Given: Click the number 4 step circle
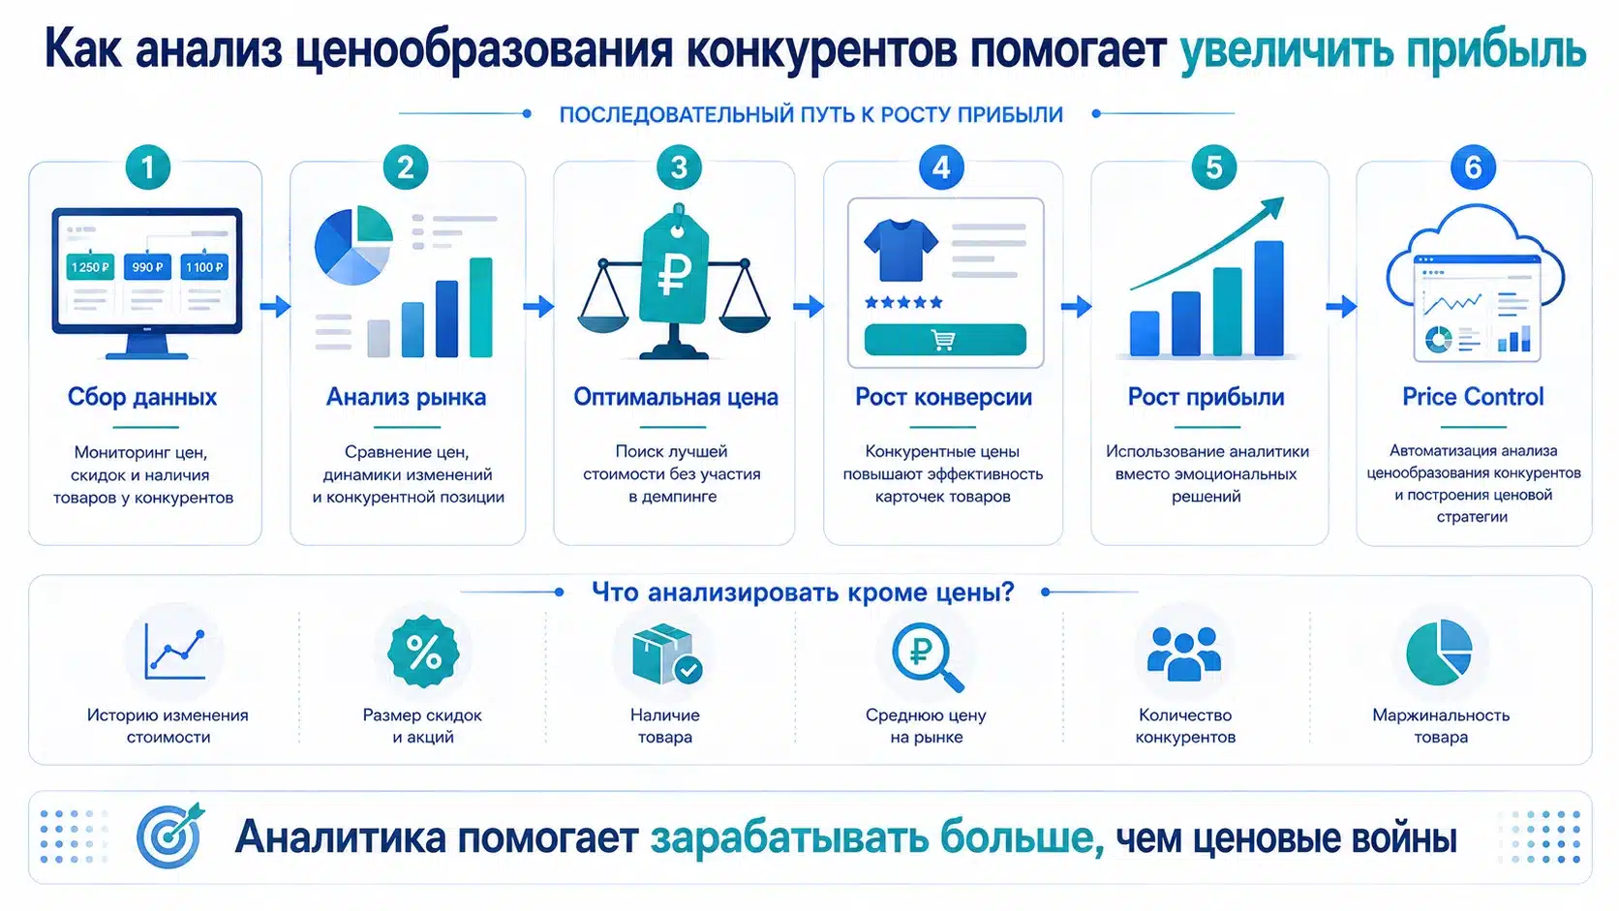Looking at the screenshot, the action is tap(941, 167).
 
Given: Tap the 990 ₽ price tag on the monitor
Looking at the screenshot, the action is tap(147, 267).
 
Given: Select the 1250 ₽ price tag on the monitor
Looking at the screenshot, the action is tap(90, 267).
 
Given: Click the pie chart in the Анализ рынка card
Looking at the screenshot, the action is tap(353, 245).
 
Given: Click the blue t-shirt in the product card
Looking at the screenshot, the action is tap(901, 250).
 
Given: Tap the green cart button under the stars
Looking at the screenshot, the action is tap(945, 340).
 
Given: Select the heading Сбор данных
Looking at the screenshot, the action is tap(142, 397).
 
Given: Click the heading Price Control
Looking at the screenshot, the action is tap(1473, 397).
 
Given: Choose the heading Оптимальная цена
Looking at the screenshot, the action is tap(676, 397).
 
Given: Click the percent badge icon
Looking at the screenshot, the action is tap(423, 652).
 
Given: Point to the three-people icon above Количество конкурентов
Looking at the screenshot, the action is tap(1184, 653).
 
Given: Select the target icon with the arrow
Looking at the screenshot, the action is tap(170, 835).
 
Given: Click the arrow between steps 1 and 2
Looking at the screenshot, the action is tap(275, 306).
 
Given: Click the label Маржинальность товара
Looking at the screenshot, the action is tap(1441, 726).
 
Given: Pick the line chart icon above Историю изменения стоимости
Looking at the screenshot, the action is tap(175, 653).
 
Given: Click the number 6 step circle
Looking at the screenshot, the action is tap(1473, 167).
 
